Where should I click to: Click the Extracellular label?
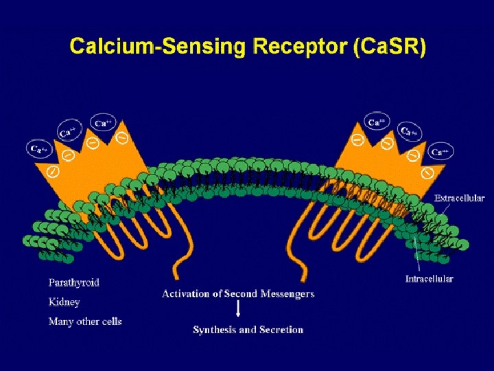459,198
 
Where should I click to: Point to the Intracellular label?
429,279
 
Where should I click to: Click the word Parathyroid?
74,282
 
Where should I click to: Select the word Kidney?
64,302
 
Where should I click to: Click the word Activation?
188,293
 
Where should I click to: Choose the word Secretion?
280,330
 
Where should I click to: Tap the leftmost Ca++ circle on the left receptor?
38,148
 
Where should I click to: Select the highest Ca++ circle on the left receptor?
104,123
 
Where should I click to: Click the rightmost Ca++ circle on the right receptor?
440,151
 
